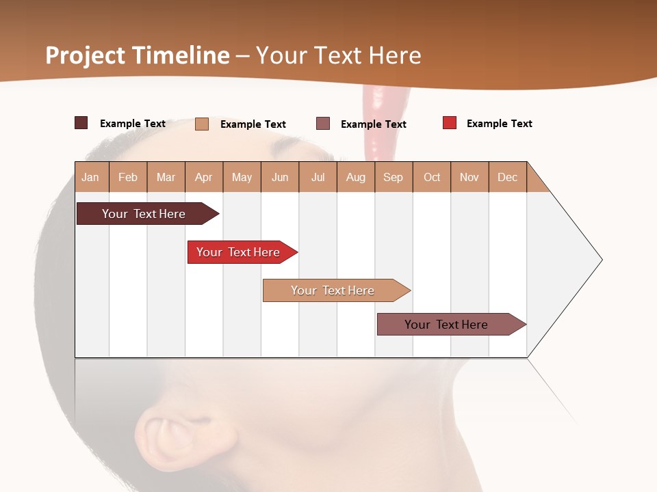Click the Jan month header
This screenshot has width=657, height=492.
coord(90,177)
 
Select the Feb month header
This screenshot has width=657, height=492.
coord(128,177)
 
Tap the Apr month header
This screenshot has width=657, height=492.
coord(203,177)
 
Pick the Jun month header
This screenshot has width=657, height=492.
coord(280,177)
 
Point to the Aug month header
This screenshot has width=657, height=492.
coord(355,177)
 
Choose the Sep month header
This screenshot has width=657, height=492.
coord(393,177)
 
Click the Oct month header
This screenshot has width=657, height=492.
coord(432,177)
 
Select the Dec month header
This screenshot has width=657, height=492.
coord(507,177)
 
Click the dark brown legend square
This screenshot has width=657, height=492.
coord(81,123)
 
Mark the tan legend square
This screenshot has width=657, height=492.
coord(202,124)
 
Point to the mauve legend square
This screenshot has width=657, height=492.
coord(323,124)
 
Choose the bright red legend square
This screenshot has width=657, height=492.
coord(450,123)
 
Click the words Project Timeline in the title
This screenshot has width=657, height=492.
coord(137,55)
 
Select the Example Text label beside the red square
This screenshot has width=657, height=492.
coord(499,124)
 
